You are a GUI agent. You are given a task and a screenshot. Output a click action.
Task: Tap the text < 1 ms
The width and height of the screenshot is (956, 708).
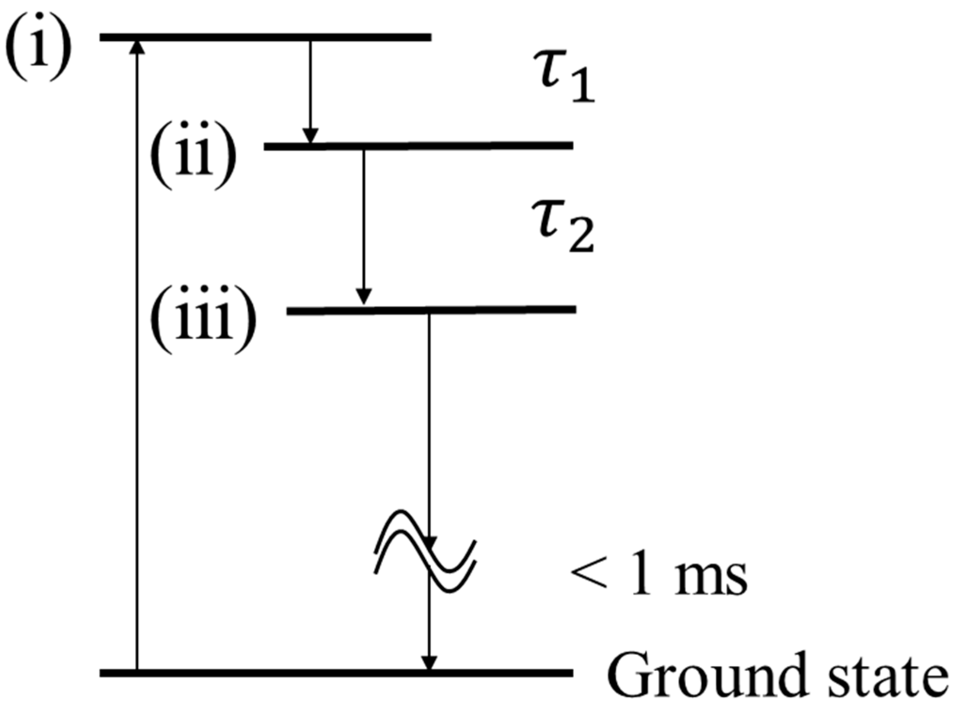coord(658,577)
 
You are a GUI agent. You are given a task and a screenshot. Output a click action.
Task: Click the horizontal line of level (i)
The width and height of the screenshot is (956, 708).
coord(265,37)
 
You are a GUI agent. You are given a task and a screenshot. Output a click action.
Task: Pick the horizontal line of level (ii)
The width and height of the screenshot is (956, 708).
coord(419,146)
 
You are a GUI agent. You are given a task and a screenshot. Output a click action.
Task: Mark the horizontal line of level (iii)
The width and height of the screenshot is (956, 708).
coord(431,310)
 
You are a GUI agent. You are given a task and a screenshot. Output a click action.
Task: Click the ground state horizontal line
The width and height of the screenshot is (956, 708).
coord(336,673)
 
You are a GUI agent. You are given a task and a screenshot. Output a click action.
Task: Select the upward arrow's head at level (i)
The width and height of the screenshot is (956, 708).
coord(137,46)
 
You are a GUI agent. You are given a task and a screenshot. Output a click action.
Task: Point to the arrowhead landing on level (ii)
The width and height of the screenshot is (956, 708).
coord(309,136)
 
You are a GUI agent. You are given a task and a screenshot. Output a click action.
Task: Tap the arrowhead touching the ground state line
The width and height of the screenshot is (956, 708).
coord(428,662)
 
